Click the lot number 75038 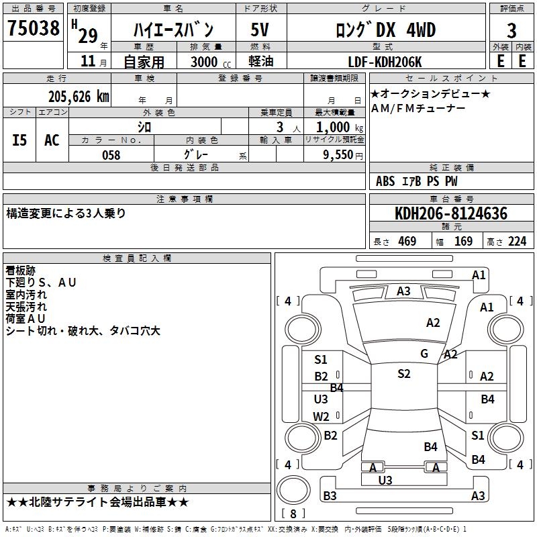pos(33,29)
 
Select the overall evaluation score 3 pos(511,30)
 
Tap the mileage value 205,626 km pos(79,97)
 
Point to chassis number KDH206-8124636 pos(451,213)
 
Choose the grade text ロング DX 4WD pos(385,30)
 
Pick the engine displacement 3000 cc pos(204,62)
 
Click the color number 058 pos(111,154)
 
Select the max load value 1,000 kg pos(336,127)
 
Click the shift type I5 pos(19,140)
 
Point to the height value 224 pos(517,242)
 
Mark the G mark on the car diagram pos(424,354)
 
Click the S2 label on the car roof pos(403,374)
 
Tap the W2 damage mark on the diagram pos(322,416)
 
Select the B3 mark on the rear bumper pos(330,496)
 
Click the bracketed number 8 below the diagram pos(293,514)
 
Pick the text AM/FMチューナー pos(418,108)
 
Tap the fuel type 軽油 pos(260,62)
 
